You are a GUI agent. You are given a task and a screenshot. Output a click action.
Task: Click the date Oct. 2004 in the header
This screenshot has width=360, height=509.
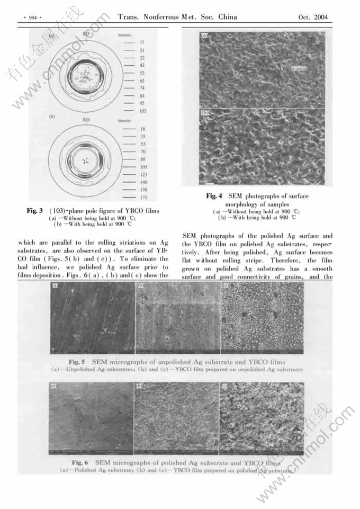coord(313,17)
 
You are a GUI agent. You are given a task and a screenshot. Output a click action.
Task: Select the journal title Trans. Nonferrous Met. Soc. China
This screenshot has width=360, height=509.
coord(177,17)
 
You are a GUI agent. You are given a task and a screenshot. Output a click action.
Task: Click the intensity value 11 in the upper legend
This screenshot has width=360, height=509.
coord(142,41)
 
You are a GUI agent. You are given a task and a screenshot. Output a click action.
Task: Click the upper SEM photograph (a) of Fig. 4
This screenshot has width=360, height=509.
coord(262,70)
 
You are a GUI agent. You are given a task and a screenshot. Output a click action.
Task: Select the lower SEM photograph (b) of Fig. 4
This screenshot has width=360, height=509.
coord(262,147)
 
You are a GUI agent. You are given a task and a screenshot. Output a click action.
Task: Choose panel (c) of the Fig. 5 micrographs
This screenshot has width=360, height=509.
coord(262,318)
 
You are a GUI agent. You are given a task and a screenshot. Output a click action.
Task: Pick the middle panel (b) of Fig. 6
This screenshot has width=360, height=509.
coord(176,418)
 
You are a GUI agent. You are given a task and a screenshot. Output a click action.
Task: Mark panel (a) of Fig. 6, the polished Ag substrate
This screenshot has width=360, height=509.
coord(91,418)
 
